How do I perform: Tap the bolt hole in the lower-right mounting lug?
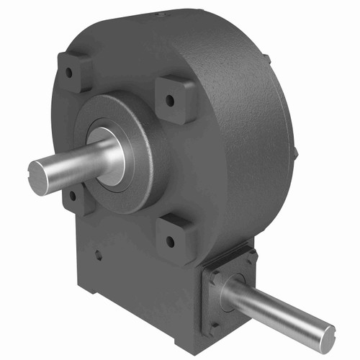click(171, 240)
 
